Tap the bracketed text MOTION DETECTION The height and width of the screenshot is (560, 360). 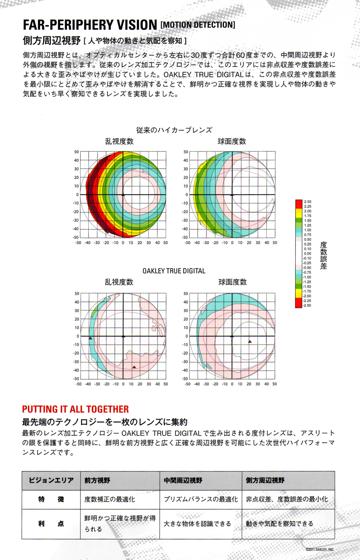197,24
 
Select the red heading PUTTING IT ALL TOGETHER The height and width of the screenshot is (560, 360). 75,409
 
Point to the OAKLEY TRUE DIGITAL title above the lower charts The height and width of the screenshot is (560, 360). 174,271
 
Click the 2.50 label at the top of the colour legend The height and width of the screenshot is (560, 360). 308,202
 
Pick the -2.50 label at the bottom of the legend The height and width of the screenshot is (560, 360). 307,305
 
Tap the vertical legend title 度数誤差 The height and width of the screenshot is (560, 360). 323,255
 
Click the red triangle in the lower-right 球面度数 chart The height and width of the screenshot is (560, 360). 250,342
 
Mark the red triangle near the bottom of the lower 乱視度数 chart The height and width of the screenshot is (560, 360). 134,367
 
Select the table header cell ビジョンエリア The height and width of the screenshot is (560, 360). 51,480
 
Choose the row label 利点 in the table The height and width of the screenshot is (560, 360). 51,524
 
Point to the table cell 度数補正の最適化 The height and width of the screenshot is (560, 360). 110,499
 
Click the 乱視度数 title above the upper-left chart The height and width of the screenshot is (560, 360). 119,141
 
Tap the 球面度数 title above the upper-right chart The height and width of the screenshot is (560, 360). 232,141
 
